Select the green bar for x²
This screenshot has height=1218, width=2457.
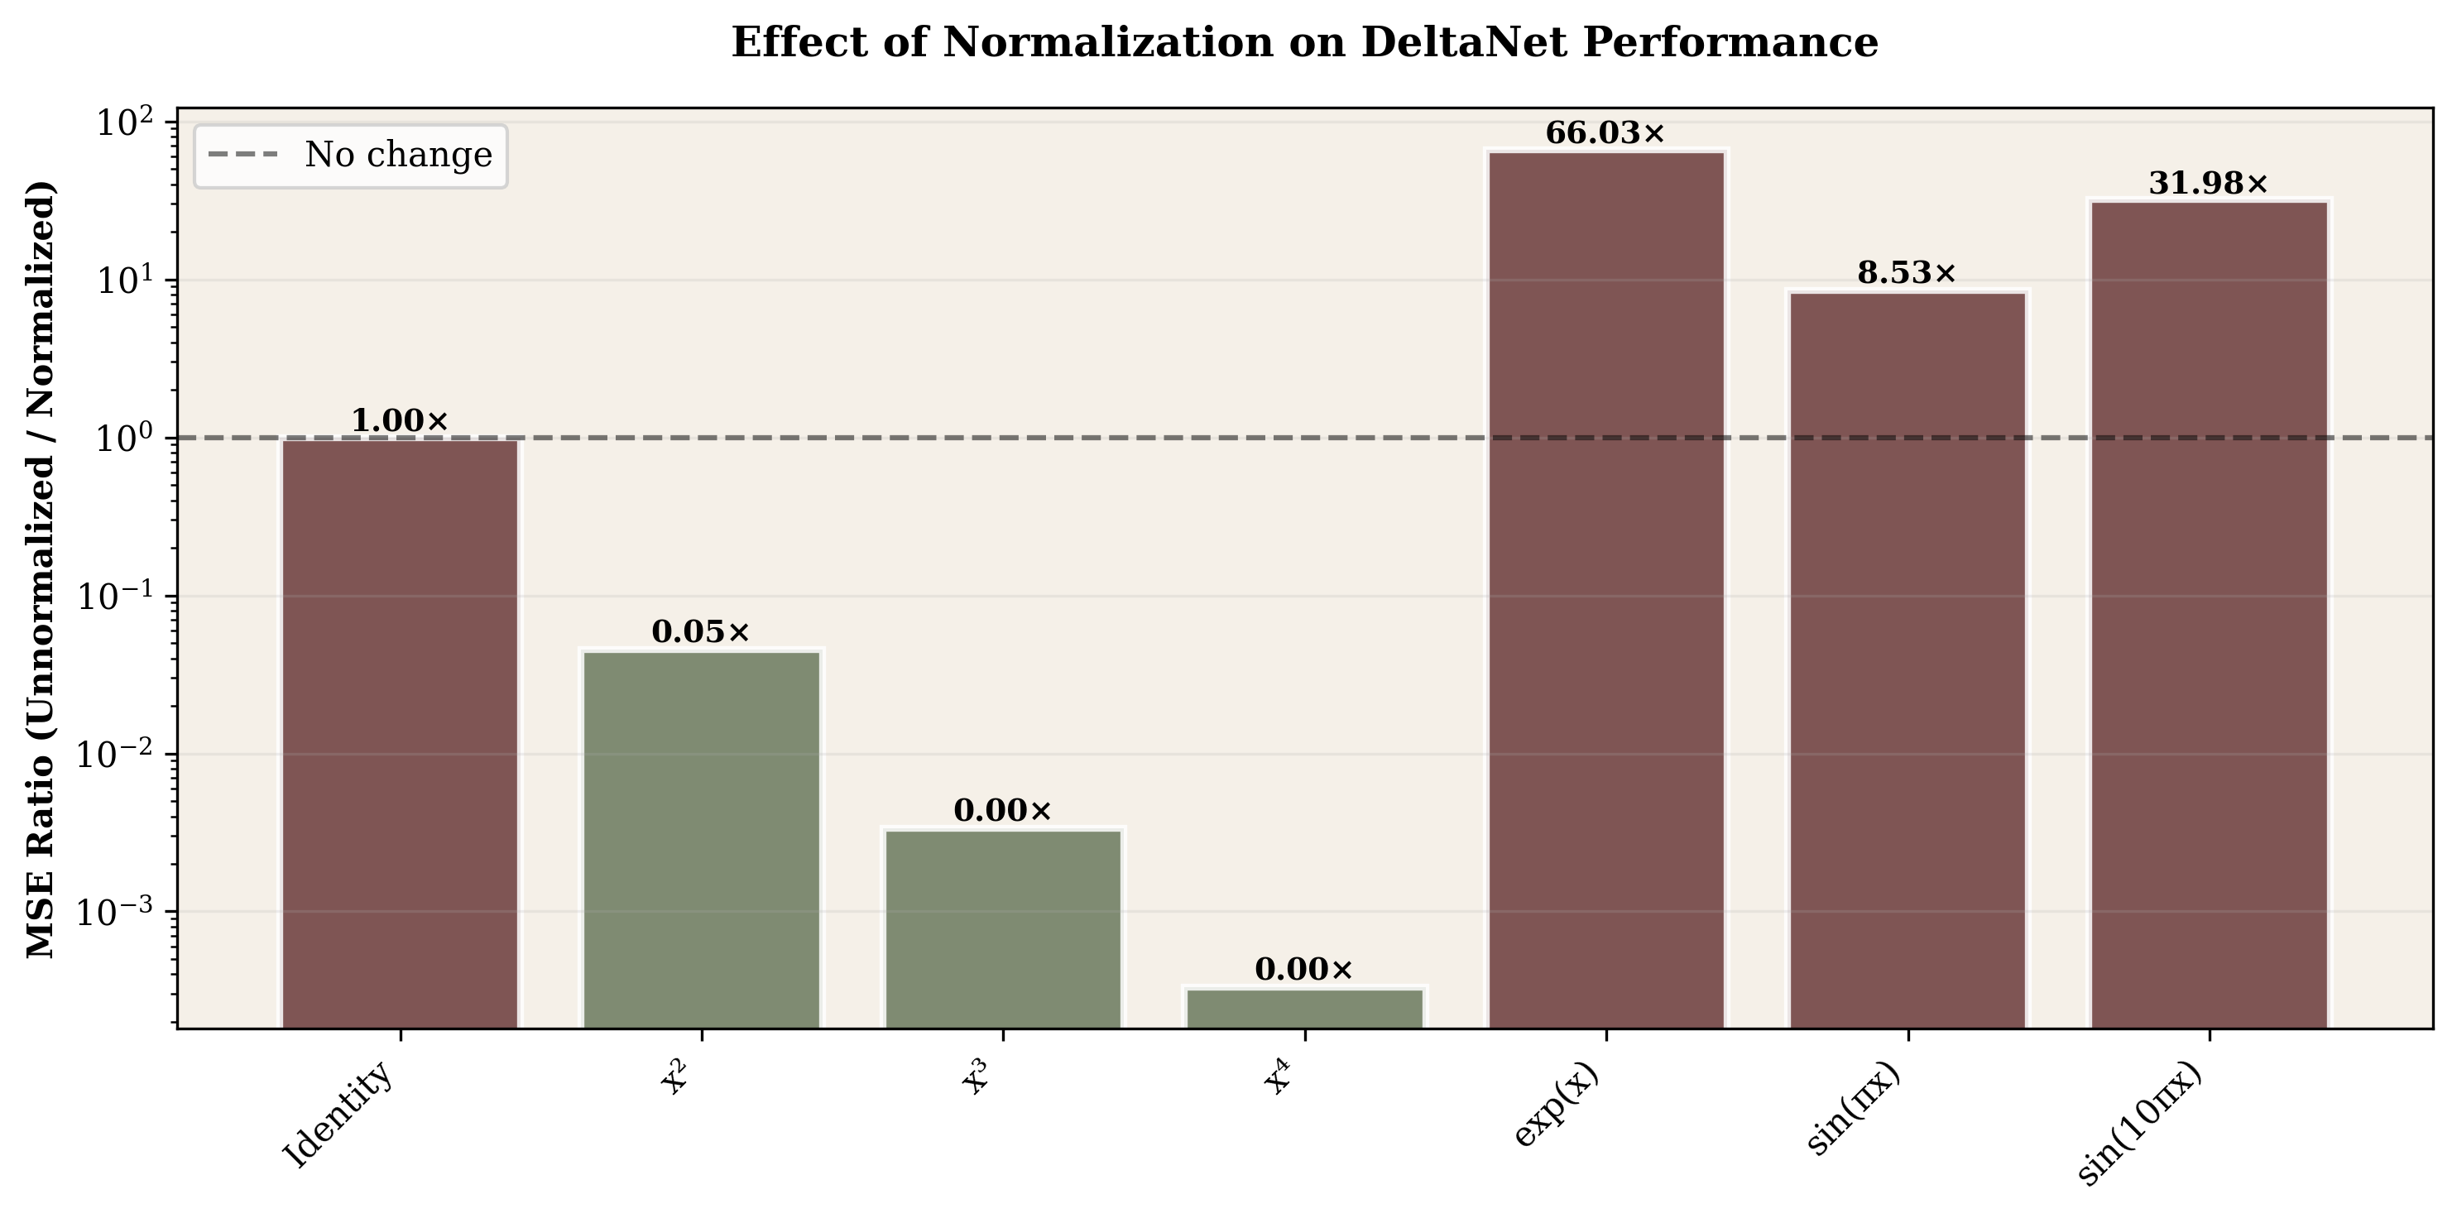click(701, 838)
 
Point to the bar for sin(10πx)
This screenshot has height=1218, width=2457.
click(2209, 614)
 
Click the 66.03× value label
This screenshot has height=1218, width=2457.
click(1605, 133)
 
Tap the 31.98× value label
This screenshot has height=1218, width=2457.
click(2208, 184)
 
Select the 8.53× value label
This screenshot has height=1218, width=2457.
click(1907, 274)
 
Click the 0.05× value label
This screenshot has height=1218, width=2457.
click(701, 631)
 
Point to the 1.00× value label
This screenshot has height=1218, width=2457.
click(400, 420)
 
